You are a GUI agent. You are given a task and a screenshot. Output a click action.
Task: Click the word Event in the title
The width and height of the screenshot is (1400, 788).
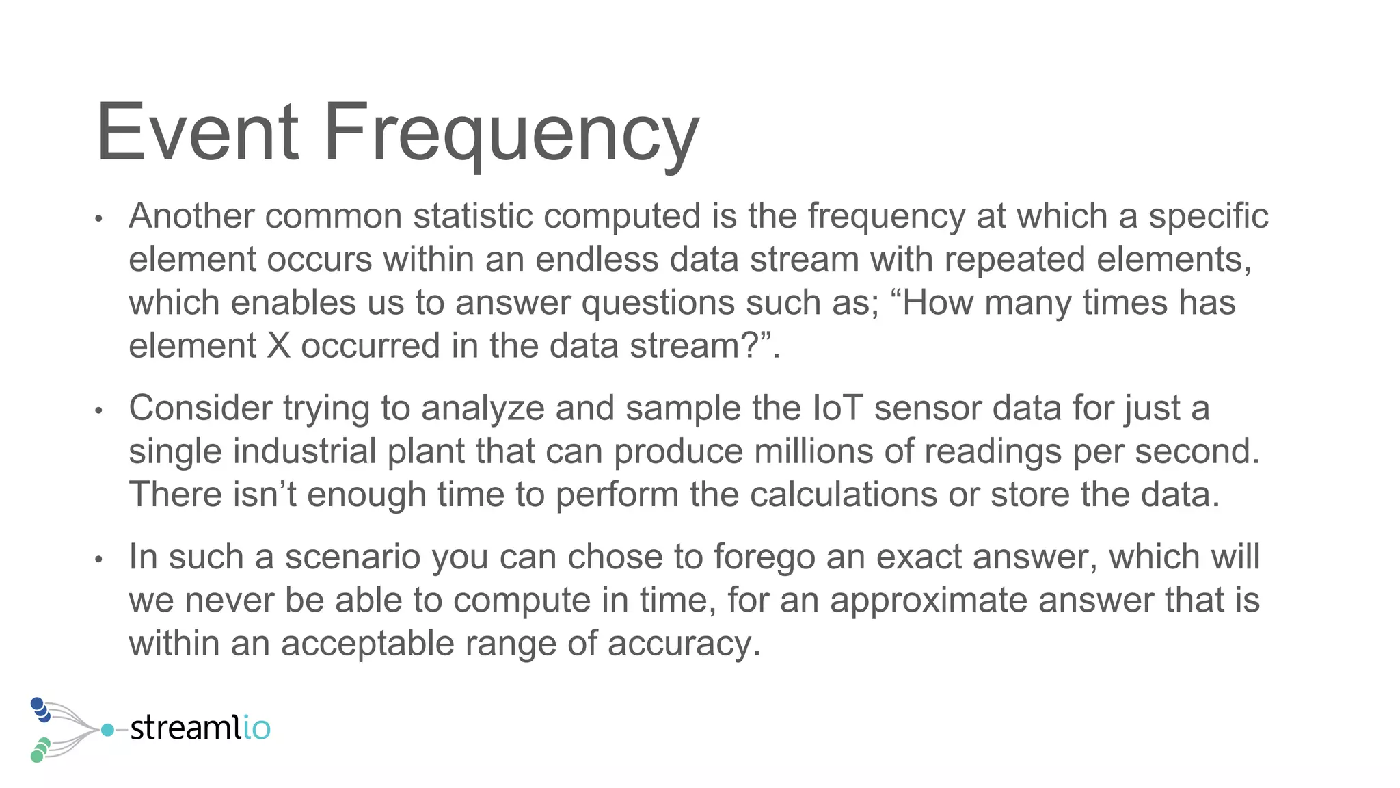(198, 131)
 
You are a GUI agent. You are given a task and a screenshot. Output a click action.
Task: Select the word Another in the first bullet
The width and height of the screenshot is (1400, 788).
(191, 216)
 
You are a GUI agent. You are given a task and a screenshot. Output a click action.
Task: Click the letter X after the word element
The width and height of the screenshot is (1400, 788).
(278, 345)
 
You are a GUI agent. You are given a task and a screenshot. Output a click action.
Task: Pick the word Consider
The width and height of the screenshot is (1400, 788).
(201, 408)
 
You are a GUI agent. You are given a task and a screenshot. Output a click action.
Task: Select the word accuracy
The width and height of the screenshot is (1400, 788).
(684, 644)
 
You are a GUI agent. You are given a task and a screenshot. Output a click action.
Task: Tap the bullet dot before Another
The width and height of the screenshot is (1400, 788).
(99, 219)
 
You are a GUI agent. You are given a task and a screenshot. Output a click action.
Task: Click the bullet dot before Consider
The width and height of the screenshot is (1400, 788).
(99, 411)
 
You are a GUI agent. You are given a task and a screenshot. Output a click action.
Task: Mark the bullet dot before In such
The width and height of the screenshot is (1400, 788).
(99, 560)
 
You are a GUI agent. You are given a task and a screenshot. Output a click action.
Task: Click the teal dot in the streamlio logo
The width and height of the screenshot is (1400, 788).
(107, 730)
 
